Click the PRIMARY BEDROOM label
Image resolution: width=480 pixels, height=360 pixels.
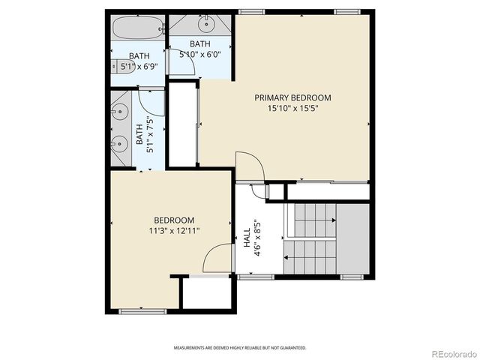(292, 97)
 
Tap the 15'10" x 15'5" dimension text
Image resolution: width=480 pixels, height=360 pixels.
(292, 109)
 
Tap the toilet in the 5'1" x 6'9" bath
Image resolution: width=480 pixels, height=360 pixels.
(118, 66)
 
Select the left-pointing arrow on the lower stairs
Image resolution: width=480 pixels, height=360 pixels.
(288, 256)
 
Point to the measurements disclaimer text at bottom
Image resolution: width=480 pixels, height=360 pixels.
(240, 348)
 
